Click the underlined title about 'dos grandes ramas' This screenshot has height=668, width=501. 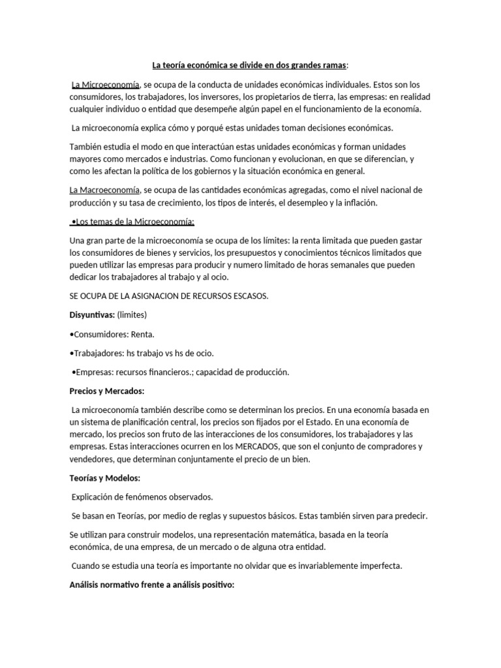(250, 65)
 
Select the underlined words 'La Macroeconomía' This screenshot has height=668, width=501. (104, 190)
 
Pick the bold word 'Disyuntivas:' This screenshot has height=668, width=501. (92, 315)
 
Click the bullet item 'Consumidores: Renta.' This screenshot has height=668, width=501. (112, 334)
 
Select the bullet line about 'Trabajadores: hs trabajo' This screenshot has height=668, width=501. (142, 353)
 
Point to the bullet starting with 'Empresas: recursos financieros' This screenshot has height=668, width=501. (179, 372)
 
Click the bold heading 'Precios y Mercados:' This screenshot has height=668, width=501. (107, 391)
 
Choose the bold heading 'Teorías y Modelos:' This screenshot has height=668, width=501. (105, 478)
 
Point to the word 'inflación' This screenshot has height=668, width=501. (358, 202)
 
